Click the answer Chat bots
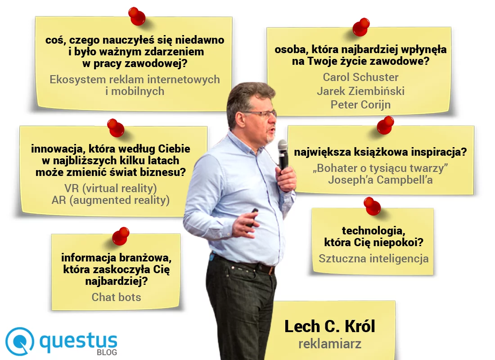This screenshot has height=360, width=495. point(116,297)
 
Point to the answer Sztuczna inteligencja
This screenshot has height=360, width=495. point(373,259)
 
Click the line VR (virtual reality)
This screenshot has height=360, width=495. point(110,187)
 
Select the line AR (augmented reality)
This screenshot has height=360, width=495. point(110,200)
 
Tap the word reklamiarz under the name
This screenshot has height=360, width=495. point(330,344)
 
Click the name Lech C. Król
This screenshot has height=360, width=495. point(330,326)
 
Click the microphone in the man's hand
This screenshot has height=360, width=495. point(283,153)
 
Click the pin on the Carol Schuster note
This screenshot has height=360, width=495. point(361,27)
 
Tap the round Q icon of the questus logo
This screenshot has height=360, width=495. point(20,341)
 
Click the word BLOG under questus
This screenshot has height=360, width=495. point(107,352)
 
